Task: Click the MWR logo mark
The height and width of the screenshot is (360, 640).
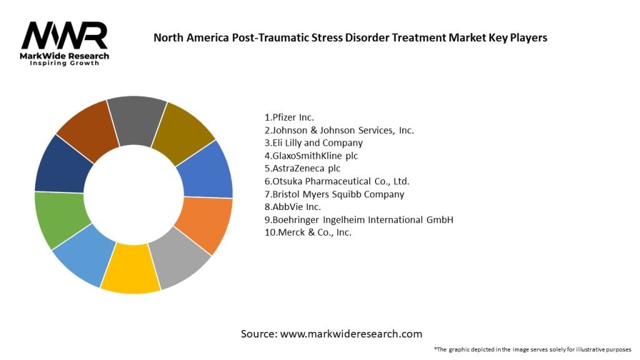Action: pos(64,36)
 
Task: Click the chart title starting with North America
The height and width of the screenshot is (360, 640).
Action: pos(350,37)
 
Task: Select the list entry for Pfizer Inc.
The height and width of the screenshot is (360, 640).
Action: pos(289,117)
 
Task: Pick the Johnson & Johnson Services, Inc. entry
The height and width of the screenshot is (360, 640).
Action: pos(339,130)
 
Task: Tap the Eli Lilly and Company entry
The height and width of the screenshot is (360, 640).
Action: pos(314,143)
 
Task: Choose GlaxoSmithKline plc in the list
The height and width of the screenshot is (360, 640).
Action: pos(311,156)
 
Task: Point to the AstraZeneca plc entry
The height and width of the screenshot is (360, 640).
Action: pos(302,169)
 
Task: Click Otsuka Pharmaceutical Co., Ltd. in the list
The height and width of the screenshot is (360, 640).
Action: pos(337,181)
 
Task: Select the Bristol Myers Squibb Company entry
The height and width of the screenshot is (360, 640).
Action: pos(334,194)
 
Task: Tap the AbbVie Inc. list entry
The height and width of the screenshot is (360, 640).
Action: pos(292,207)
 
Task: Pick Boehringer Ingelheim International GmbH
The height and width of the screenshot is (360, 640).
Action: pos(358,219)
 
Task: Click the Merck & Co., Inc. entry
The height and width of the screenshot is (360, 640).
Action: pos(307,232)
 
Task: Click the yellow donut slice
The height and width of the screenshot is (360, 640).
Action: pos(131,269)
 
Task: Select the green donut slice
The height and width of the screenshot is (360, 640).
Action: pos(60,218)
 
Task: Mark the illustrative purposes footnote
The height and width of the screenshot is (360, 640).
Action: pos(532,349)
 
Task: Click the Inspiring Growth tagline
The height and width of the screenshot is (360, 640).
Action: pos(64,63)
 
